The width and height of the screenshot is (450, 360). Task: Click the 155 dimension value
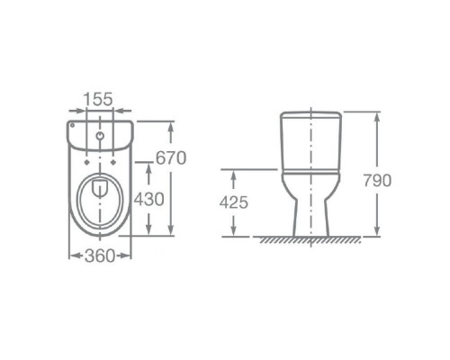100,99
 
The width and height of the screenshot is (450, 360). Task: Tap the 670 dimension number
170,158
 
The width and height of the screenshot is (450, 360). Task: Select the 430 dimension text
148,198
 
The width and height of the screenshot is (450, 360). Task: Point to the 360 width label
100,256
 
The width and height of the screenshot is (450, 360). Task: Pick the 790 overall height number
378,180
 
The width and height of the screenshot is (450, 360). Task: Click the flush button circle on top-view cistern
100,137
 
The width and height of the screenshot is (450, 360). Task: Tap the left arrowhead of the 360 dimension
72,255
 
